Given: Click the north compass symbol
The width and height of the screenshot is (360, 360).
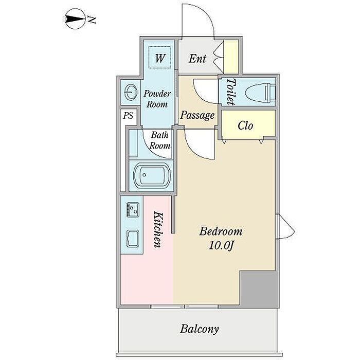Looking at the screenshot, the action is point(75,19).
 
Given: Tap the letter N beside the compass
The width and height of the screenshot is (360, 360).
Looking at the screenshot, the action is point(92,20).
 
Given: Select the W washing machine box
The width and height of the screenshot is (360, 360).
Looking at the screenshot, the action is point(159,58).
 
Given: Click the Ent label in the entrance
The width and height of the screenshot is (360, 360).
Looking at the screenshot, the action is point(197,59).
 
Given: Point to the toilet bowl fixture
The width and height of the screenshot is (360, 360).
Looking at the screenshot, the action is point(260,93).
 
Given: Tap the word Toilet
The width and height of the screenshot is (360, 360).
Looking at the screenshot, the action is point(231,92).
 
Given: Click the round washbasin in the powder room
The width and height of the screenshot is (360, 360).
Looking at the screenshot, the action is point(131,92).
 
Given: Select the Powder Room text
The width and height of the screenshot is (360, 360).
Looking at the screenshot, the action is point(157,99).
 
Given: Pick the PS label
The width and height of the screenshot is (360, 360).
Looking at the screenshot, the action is point(128,115).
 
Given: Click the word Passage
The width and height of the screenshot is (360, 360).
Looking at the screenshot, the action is point(197,115).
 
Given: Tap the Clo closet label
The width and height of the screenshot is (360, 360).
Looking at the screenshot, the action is point(245,125).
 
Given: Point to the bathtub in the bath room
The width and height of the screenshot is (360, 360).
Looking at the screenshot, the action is point(152,175).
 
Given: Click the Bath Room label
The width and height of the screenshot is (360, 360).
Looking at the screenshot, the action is point(160,140).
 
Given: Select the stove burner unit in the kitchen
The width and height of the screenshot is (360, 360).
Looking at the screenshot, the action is point(133,209).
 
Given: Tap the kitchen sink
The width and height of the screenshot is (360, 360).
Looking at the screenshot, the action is point(133,239).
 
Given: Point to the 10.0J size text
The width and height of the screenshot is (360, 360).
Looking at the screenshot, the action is point(221,246).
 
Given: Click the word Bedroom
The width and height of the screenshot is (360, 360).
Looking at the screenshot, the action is point(221,231).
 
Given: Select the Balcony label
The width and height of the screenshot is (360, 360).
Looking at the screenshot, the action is point(199,329).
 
